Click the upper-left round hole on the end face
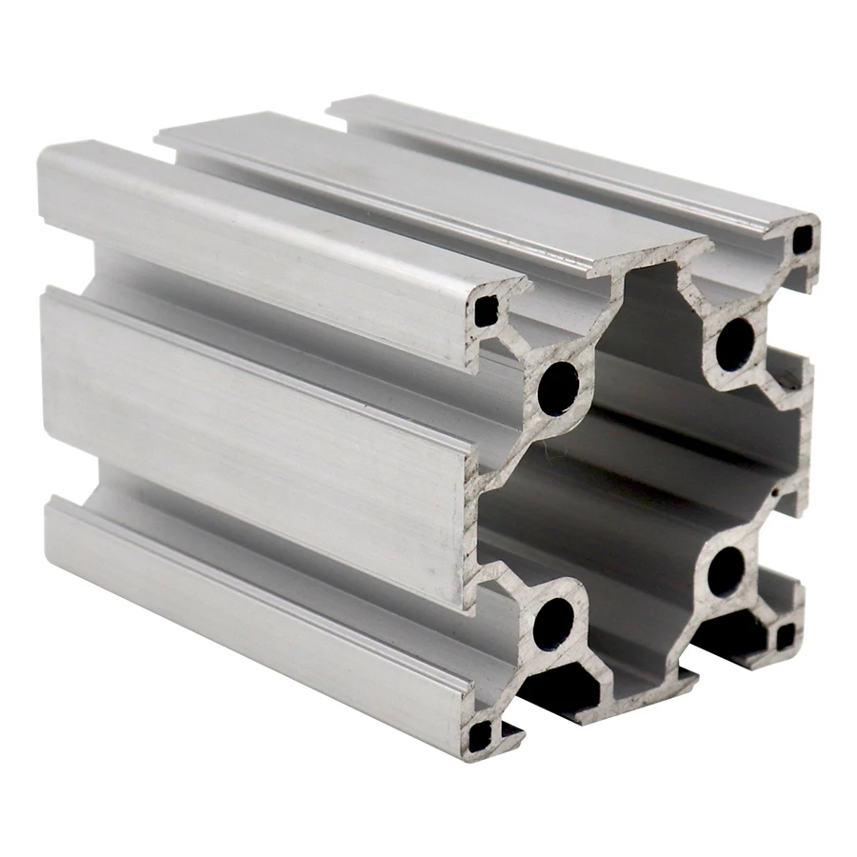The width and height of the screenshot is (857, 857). click(x=558, y=387)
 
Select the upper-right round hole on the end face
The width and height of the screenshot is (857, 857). click(x=734, y=345)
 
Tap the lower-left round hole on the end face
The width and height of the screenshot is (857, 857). click(x=553, y=625)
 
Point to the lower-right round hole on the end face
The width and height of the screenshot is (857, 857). click(x=727, y=571)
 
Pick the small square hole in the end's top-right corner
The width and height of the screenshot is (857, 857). click(x=803, y=238)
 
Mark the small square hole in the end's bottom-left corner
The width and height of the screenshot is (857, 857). click(x=482, y=732)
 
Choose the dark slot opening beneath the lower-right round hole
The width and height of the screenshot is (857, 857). click(x=733, y=628)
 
